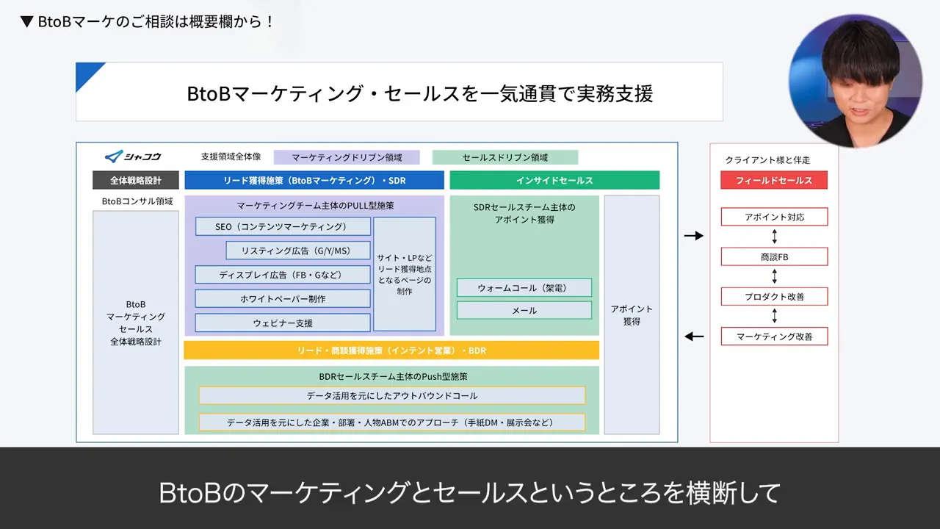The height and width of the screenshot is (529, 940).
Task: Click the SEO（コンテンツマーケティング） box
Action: click(283, 226)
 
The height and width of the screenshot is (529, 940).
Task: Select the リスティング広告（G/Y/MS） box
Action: click(297, 251)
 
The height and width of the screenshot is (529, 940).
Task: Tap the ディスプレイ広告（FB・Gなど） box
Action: click(283, 275)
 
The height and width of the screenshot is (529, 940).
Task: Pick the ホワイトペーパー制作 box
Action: click(283, 298)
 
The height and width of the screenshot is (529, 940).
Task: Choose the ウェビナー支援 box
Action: click(283, 323)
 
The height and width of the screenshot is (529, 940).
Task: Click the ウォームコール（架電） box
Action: click(524, 287)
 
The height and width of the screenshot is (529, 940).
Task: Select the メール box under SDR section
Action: click(524, 310)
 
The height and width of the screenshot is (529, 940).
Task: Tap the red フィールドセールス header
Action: click(774, 180)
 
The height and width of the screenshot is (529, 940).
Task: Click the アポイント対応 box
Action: click(774, 217)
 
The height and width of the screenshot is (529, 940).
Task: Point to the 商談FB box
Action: click(774, 256)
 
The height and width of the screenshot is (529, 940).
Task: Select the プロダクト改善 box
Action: click(774, 296)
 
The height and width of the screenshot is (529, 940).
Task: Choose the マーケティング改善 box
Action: click(774, 337)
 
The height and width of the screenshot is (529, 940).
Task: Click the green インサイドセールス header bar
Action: click(554, 180)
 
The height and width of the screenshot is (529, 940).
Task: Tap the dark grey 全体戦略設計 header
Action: click(135, 180)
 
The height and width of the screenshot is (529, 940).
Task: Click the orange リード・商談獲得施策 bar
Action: click(391, 350)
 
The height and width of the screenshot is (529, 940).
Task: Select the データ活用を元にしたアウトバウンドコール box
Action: click(391, 395)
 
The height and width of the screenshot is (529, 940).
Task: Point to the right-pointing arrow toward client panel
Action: click(693, 236)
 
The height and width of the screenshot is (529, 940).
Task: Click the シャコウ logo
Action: click(133, 156)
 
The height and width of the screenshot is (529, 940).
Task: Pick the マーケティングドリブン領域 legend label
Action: click(347, 157)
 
